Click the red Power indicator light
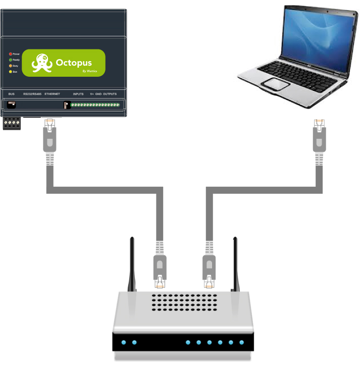tap(10, 54)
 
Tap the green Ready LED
tap(10, 60)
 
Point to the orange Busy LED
tap(10, 66)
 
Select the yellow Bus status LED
tap(10, 72)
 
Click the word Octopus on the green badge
tap(74, 63)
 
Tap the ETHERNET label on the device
tap(52, 94)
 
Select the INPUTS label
tap(78, 94)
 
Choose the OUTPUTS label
tap(110, 94)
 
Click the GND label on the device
tap(98, 94)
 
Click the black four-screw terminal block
tap(12, 123)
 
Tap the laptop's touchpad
tap(277, 83)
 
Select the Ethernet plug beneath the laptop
tap(319, 136)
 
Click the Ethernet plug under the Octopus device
tap(49, 136)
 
